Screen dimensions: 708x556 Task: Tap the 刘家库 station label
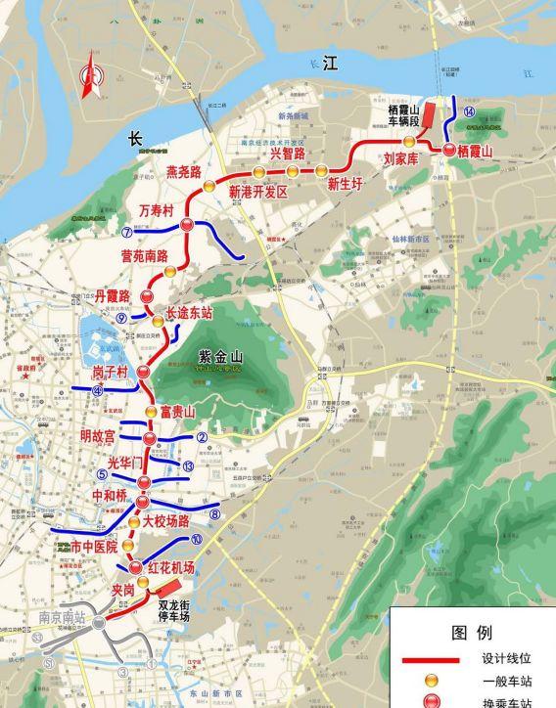point(400,156)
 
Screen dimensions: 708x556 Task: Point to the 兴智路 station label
point(288,153)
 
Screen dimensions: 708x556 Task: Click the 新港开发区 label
point(257,193)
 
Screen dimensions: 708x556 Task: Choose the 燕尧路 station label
point(184,172)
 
